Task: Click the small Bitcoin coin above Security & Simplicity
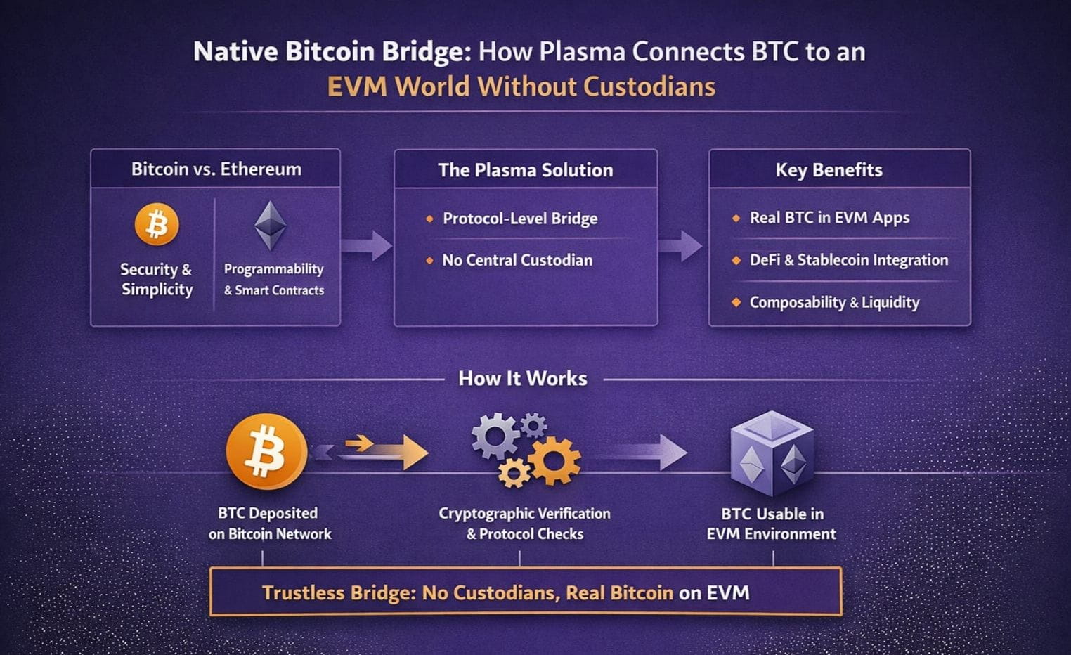157,225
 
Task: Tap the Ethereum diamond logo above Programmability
270,226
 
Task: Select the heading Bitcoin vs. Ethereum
216,169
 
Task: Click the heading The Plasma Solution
525,170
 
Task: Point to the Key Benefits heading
829,170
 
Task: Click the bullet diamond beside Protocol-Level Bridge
429,219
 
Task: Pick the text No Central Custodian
517,260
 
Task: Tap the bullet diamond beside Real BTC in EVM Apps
736,219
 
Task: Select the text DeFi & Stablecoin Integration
848,260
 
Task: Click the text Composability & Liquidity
834,302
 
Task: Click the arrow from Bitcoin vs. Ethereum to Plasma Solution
367,245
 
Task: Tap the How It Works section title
522,379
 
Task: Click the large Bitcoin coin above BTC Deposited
266,451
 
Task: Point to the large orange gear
555,460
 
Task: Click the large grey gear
495,436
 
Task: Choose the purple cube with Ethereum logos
772,453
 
